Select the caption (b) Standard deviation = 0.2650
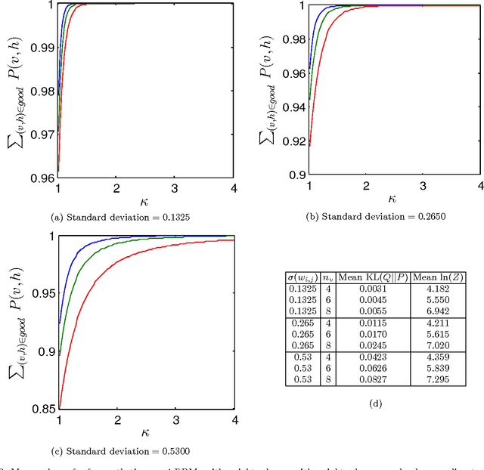(x=365, y=217)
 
